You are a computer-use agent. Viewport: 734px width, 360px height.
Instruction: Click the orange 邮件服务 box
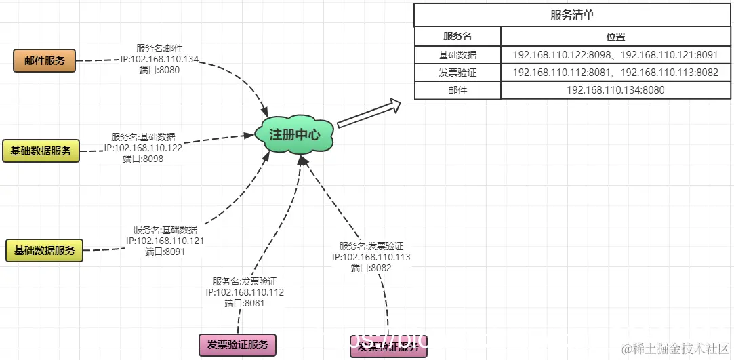(x=45, y=61)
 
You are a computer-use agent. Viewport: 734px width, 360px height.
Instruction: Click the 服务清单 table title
(x=573, y=15)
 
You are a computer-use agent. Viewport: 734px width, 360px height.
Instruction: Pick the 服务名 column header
(x=457, y=36)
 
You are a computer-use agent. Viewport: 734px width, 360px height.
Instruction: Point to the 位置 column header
(x=615, y=36)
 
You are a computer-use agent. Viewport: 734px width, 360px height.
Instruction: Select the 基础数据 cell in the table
(x=457, y=54)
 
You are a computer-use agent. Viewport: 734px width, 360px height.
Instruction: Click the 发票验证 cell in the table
(x=457, y=72)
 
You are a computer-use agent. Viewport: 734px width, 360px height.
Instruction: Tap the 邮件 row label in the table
(x=457, y=89)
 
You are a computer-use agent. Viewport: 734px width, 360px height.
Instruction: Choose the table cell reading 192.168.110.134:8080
(x=615, y=89)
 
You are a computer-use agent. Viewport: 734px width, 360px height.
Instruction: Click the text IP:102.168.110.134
(x=160, y=59)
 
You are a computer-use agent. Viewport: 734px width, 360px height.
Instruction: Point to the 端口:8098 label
(x=144, y=159)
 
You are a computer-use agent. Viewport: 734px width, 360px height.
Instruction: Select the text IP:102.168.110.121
(x=165, y=241)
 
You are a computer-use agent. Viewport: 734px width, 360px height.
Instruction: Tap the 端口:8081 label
(x=244, y=303)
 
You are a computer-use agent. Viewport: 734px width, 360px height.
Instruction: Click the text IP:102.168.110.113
(x=371, y=257)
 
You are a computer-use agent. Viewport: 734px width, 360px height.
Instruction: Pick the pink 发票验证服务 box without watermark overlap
(x=237, y=344)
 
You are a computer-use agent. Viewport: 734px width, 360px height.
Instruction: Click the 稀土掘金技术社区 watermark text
(x=678, y=348)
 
